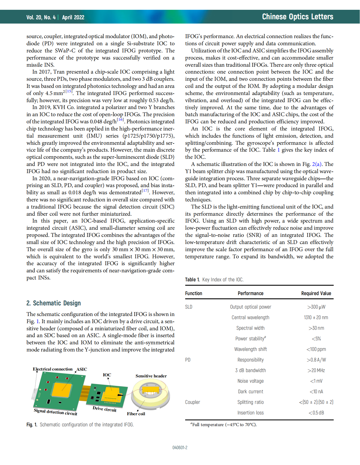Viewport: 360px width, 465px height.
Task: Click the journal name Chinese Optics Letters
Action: point(297,17)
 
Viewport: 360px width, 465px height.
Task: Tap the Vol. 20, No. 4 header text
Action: point(41,17)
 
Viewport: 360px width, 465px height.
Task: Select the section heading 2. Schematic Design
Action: point(53,303)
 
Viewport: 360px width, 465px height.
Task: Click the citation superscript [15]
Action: point(69,91)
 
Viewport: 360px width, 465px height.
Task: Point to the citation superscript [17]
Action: point(145,191)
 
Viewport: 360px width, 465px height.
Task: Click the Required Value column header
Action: point(316,293)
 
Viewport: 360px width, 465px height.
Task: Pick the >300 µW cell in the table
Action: point(316,307)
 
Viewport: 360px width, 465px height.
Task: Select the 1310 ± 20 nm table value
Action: point(316,318)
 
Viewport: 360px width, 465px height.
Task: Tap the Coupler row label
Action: point(193,402)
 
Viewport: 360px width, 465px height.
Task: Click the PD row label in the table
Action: point(188,360)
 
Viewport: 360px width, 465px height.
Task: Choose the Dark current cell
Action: point(250,392)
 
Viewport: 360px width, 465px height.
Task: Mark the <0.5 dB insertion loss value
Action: point(316,413)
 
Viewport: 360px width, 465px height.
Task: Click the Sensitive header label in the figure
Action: point(151,376)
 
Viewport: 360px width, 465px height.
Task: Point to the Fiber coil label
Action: point(136,414)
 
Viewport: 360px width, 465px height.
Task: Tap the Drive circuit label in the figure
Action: point(104,409)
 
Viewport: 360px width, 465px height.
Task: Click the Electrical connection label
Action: point(53,369)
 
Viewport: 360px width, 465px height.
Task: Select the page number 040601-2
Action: point(180,448)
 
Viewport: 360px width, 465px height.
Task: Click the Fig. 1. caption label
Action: point(32,425)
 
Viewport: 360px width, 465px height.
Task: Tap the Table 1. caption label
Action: point(192,280)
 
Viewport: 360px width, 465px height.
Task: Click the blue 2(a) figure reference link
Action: point(317,164)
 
